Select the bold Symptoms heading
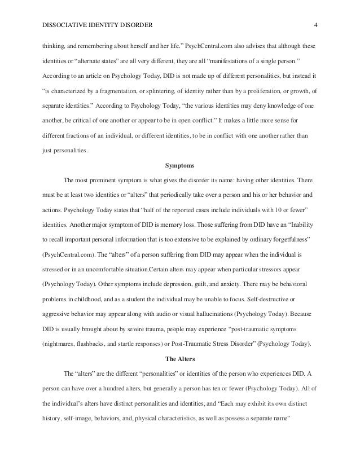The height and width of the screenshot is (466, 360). (x=179, y=166)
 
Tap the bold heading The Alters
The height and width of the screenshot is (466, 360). (x=179, y=358)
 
